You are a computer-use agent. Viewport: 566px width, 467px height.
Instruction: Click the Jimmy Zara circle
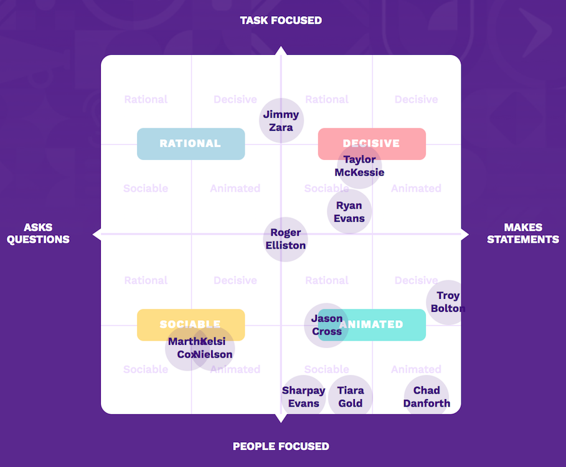(281, 120)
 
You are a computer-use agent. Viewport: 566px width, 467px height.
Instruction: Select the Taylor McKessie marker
(359, 166)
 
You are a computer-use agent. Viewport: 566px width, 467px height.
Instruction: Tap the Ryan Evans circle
(349, 212)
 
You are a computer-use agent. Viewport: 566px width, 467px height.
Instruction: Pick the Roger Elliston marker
(286, 239)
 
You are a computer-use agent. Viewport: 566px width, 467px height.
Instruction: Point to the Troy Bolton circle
(448, 302)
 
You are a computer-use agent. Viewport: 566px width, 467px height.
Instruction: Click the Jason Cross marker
(326, 325)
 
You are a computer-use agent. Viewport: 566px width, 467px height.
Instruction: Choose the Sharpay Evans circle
(304, 397)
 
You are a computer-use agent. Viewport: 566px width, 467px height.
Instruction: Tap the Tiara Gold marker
(351, 397)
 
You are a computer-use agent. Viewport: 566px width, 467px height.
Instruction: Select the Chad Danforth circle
(427, 397)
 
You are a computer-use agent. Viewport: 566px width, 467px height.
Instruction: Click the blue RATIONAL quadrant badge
(191, 144)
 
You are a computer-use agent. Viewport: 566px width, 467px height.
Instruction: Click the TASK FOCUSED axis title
(281, 21)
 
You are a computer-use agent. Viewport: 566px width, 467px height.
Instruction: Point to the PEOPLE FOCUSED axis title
(281, 446)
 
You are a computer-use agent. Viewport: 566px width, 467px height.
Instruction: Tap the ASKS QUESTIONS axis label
(38, 233)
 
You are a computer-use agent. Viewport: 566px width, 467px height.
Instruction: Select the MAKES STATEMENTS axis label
(523, 233)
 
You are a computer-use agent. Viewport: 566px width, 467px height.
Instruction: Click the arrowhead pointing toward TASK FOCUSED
(281, 50)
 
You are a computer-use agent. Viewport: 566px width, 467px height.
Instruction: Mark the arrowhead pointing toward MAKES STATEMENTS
(465, 234)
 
